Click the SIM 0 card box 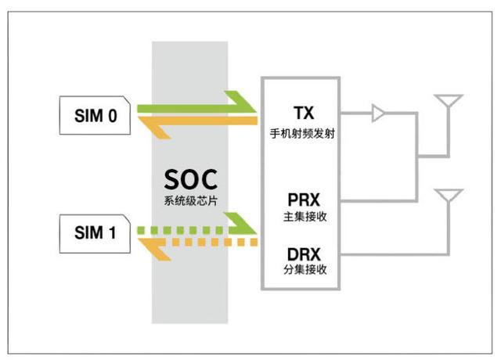[95, 115]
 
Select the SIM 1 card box [95, 234]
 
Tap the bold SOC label [191, 179]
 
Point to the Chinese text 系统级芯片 [191, 200]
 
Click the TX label [304, 113]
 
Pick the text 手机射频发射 [302, 133]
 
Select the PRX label [304, 200]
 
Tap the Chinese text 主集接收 [305, 217]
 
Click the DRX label [304, 254]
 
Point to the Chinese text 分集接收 [305, 269]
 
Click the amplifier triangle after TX [378, 113]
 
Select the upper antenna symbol [449, 100]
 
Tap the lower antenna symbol [449, 195]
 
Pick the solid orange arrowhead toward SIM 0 [155, 128]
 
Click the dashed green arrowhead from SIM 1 [241, 223]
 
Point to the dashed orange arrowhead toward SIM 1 [155, 250]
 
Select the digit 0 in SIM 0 [113, 116]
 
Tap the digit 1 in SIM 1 [112, 232]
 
